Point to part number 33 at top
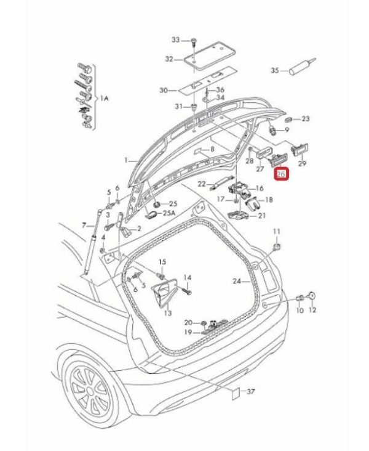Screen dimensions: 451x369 coord(176,39)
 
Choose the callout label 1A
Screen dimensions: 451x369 coord(104,98)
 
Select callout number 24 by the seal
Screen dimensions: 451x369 coord(237,282)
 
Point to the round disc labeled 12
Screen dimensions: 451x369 coord(312,295)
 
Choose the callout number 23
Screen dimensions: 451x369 coord(306,118)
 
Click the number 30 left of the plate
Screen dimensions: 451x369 coord(164,91)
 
